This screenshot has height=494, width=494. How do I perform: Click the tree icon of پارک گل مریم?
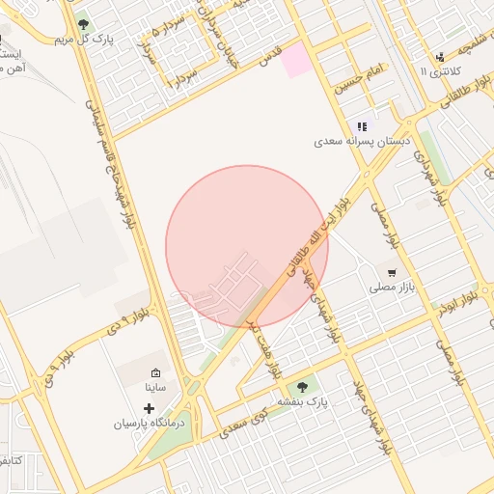click(82, 22)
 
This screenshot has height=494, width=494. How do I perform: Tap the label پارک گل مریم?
click(78, 40)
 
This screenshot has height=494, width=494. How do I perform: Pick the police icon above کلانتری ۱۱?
click(440, 57)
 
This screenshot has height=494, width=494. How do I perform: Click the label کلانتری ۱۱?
click(443, 73)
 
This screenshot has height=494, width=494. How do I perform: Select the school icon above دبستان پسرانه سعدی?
click(362, 126)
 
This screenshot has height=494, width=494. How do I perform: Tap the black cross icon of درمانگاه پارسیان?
click(148, 408)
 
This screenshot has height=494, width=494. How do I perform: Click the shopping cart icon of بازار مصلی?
click(391, 272)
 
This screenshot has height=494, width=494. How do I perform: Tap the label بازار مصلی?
click(391, 288)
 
